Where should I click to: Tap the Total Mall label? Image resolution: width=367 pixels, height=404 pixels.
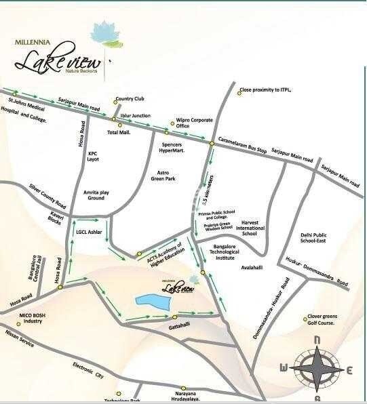pyautogui.click(x=119, y=133)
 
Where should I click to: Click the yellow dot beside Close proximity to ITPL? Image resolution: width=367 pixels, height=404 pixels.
pyautogui.click(x=239, y=92)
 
